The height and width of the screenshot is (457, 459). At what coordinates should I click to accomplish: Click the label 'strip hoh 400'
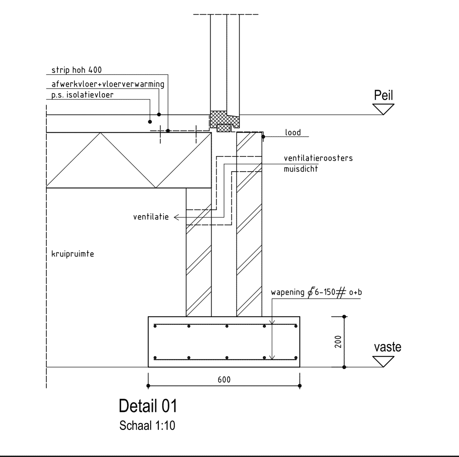[74, 70]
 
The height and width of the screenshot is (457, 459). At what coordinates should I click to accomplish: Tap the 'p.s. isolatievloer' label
[80, 95]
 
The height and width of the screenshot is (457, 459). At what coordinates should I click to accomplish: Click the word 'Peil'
[384, 95]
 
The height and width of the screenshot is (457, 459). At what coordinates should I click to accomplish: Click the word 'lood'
[293, 133]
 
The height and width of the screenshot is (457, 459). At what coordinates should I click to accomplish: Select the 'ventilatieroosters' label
[319, 158]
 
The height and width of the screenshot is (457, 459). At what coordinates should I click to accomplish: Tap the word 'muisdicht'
[301, 168]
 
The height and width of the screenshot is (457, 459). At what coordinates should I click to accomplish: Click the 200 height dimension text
[338, 341]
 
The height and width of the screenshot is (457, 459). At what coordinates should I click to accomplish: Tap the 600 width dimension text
[224, 379]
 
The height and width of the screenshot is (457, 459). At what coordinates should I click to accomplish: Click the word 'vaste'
[387, 347]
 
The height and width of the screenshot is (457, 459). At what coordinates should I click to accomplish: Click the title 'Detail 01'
[147, 406]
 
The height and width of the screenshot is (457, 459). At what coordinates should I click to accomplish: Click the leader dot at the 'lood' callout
[263, 136]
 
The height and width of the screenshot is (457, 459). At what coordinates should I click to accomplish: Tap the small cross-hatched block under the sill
[224, 128]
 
